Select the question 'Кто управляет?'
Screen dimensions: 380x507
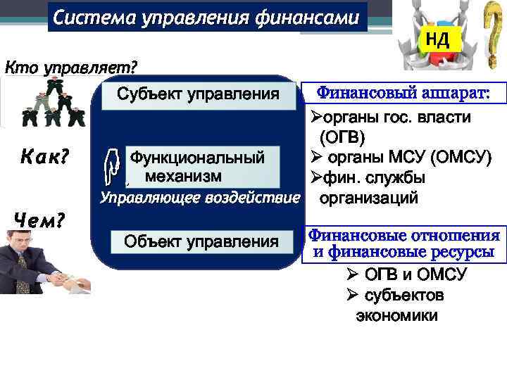71,68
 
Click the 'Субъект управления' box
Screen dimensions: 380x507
198,94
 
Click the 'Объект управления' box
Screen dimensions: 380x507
201,242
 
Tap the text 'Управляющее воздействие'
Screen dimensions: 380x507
199,198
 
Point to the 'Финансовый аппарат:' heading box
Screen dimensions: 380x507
403,93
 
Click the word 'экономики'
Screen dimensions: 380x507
396,315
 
